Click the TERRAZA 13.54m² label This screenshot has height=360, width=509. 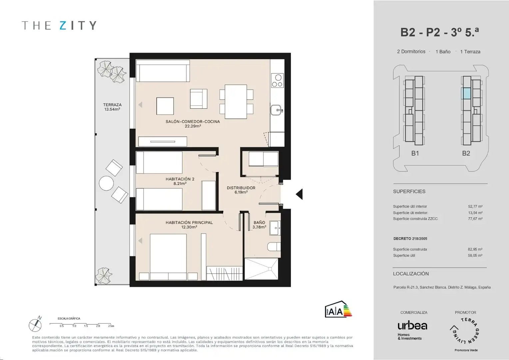point(112,107)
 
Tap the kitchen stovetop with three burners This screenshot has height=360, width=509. point(277,80)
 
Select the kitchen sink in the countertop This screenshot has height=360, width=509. point(276,110)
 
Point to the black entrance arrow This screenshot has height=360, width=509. point(299,194)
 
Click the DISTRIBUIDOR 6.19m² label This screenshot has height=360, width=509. point(241,190)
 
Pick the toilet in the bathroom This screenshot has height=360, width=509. point(274,247)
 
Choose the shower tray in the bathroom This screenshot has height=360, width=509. point(261,269)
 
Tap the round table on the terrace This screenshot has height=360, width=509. point(106,183)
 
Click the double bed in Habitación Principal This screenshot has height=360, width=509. point(168,257)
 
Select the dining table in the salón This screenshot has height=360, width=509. point(236,102)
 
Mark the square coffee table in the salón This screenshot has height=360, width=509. point(165,106)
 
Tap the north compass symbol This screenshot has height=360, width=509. point(35,325)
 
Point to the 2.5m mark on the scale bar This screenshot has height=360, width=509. point(111,326)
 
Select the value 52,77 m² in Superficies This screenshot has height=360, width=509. point(475,206)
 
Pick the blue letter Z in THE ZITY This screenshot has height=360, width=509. point(63,25)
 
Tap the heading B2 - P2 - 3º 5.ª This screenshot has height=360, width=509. point(440,32)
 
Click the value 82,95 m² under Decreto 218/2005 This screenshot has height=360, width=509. point(475,249)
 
